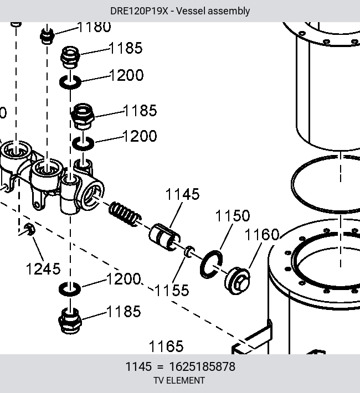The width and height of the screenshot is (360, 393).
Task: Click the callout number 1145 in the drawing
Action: [182, 194]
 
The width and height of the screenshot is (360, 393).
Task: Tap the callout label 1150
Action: [233, 215]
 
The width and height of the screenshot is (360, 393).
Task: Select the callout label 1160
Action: [261, 235]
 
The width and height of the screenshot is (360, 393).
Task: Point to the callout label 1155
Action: [172, 290]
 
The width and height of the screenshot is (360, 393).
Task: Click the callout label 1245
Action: [43, 268]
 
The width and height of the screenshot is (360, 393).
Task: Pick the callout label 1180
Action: [94, 27]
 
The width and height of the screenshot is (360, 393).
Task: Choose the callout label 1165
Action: [166, 347]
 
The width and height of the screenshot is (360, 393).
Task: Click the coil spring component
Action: [125, 214]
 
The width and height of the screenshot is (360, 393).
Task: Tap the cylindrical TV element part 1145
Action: [164, 237]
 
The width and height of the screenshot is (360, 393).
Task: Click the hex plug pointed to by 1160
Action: [237, 281]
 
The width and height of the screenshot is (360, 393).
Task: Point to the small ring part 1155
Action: [189, 251]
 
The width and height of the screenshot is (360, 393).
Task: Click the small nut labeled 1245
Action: [29, 229]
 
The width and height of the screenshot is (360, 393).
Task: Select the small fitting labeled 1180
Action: [47, 37]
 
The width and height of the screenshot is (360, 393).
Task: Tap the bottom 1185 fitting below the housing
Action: [70, 321]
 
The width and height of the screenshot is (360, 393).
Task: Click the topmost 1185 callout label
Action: [126, 48]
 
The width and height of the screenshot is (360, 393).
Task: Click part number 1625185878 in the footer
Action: [202, 366]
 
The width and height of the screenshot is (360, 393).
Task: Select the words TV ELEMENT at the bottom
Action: [179, 380]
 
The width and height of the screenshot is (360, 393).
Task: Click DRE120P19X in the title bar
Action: [139, 11]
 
